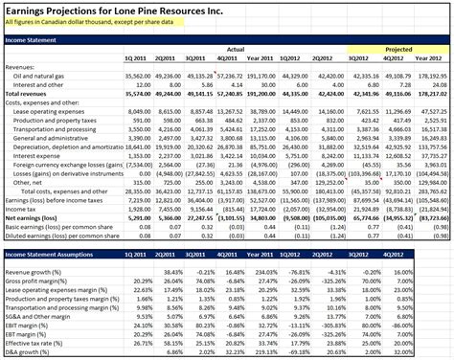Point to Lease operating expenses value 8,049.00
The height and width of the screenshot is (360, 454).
tap(140, 111)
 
